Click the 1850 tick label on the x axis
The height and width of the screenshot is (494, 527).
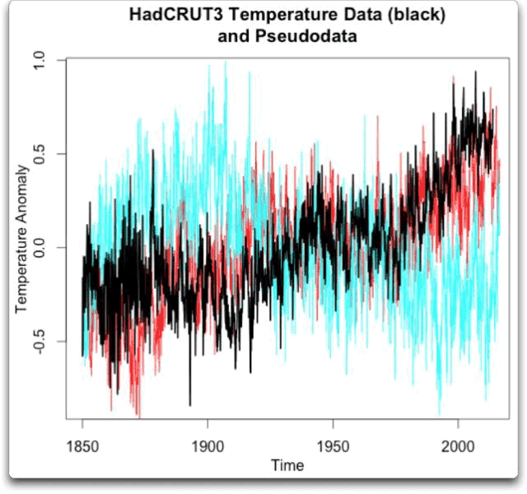pos(82,445)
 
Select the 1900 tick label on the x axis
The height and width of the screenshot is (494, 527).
pos(208,445)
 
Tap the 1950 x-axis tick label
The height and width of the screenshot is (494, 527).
pos(333,445)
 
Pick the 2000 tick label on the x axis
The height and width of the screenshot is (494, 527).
pos(457,445)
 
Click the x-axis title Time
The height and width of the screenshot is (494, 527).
pos(287,465)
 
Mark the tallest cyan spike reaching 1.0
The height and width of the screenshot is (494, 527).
pos(226,63)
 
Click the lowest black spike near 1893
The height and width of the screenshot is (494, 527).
pos(190,404)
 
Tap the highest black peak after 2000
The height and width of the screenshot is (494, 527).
pos(475,72)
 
